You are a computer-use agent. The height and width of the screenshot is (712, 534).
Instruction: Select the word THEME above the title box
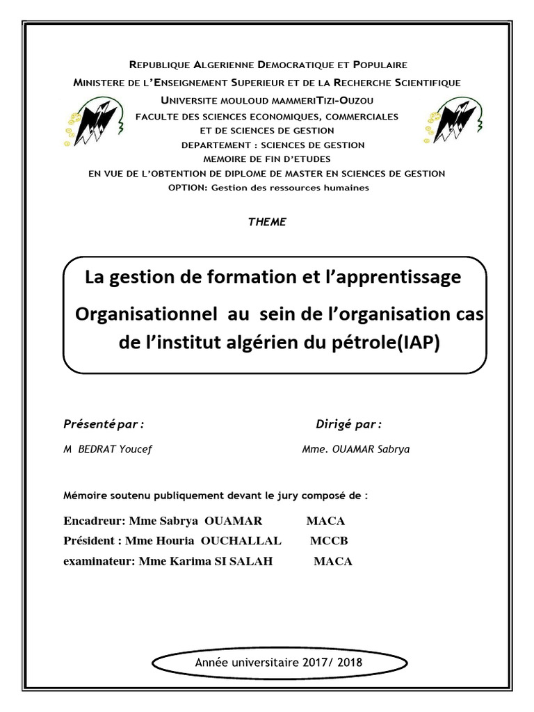(x=267, y=222)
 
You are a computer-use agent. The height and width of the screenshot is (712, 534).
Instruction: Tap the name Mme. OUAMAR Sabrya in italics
(x=356, y=449)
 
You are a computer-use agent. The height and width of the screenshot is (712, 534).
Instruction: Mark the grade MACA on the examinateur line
(x=333, y=562)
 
